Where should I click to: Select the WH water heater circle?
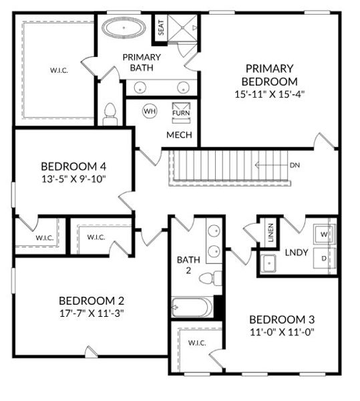tap(150, 112)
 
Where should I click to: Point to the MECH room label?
tap(179, 135)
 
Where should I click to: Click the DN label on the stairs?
tap(295, 164)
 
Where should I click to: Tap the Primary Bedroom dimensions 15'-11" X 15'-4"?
tap(269, 94)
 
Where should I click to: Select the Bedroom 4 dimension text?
tap(73, 178)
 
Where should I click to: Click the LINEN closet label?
tap(271, 232)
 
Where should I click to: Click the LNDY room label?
tap(296, 253)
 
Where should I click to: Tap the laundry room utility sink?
tap(270, 263)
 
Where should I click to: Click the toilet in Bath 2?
tap(212, 279)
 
